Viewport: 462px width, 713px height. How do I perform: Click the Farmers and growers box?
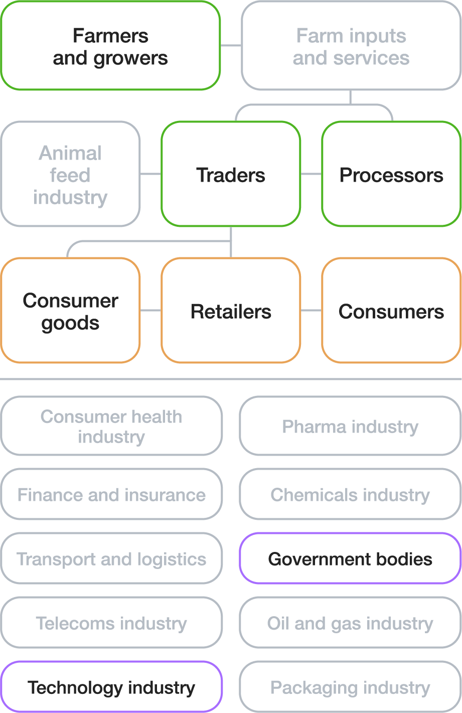(110, 46)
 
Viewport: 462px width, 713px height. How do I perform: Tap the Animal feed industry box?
(70, 174)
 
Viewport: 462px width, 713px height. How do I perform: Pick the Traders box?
(231, 174)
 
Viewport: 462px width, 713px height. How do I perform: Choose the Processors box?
(391, 174)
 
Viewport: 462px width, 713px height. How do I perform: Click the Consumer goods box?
(70, 311)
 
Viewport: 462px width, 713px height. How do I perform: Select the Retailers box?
(231, 311)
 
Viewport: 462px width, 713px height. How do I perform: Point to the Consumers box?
(391, 311)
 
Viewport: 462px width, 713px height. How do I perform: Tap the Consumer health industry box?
(111, 426)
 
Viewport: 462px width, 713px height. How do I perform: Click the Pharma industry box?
(350, 426)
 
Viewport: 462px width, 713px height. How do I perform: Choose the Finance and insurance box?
(111, 494)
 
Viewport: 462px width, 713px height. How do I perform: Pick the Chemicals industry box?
(350, 494)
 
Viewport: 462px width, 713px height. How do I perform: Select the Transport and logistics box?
(111, 558)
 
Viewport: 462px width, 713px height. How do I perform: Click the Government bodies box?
(350, 558)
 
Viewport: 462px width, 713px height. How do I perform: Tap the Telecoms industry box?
(111, 623)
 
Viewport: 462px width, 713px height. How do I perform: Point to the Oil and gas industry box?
(350, 623)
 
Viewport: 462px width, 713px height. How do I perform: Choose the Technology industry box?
(111, 687)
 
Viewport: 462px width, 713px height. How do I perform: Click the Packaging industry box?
(350, 687)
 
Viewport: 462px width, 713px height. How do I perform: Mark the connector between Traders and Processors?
(311, 174)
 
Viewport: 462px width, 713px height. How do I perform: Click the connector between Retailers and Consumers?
(311, 311)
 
